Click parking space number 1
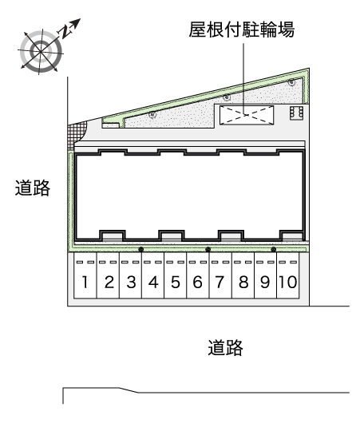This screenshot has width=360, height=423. coord(85,275)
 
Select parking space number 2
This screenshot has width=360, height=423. coord(108,275)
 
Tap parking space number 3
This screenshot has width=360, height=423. coord(130,275)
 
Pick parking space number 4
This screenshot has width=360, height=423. coord(153,275)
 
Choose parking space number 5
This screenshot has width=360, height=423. coord(176,275)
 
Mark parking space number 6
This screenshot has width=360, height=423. coord(198,275)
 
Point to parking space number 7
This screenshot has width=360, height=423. coord(220,275)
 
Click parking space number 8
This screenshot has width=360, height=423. coord(243,275)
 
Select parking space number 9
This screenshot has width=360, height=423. coord(266,275)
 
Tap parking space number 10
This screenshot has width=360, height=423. coord(288,275)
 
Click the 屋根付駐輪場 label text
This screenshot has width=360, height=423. coord(242,30)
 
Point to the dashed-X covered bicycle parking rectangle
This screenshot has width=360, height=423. coord(247,115)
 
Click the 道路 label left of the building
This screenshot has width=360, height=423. coord(33,188)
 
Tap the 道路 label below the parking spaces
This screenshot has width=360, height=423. coord(225,347)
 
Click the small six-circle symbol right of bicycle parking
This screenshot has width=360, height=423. coord(296,113)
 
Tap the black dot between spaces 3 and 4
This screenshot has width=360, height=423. coord(140,250)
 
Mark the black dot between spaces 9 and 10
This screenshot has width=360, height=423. coord(274,250)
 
